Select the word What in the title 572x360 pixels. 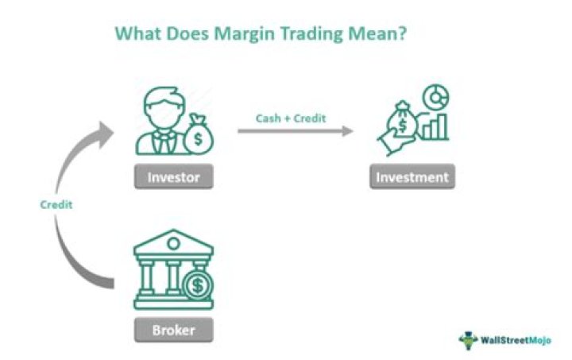(139, 34)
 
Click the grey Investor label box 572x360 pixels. (172, 176)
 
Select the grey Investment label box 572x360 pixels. (412, 176)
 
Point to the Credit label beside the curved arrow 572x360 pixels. (56, 204)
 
